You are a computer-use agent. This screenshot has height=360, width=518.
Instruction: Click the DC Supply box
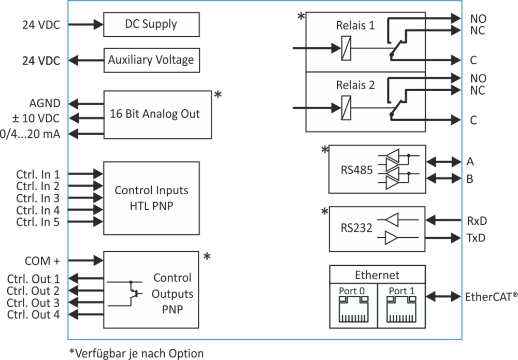point(151,24)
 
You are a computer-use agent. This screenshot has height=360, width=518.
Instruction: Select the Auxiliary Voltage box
point(151,60)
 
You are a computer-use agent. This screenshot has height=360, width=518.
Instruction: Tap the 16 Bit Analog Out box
point(157,114)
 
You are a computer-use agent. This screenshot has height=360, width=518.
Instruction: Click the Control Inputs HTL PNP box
point(151,198)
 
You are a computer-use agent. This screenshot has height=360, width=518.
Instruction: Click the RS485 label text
point(357,170)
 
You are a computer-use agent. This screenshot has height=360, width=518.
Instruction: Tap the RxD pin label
point(476,221)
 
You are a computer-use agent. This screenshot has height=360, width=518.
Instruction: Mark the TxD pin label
point(476,238)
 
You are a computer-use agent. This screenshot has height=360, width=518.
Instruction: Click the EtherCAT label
point(490,298)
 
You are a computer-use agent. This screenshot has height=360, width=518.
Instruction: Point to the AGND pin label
point(48,103)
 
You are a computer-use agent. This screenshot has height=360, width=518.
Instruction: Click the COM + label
point(42,260)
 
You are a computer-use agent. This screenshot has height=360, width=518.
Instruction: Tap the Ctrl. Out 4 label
point(34,314)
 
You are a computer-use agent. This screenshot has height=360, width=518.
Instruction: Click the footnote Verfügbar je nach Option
point(137,353)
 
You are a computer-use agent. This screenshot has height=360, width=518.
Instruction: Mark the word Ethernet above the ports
point(377,275)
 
